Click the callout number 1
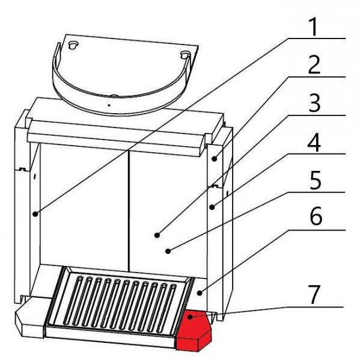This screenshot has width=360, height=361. pyautogui.click(x=314, y=26)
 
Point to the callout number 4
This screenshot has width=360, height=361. pyautogui.click(x=314, y=142)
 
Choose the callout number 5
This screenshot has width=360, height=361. pyautogui.click(x=315, y=180)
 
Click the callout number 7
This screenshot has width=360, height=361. pyautogui.click(x=314, y=295)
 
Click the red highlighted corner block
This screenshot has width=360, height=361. pyautogui.click(x=194, y=330)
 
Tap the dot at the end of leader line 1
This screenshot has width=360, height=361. pyautogui.click(x=35, y=214)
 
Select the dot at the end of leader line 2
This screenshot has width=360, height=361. pyautogui.click(x=215, y=159)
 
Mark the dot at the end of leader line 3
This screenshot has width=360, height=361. pyautogui.click(x=157, y=235)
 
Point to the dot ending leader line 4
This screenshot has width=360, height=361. pyautogui.click(x=212, y=207)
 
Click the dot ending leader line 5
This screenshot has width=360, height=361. pyautogui.click(x=168, y=251)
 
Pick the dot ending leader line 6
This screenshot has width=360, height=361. pyautogui.click(x=200, y=293)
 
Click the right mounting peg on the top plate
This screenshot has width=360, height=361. pyautogui.click(x=185, y=55)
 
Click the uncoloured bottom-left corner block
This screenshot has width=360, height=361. pyautogui.click(x=30, y=317)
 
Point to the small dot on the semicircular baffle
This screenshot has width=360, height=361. pyautogui.click(x=109, y=105)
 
